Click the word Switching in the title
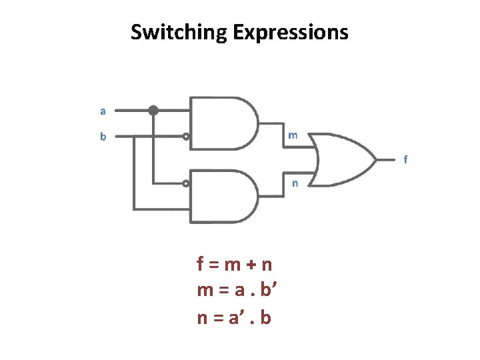pos(179,32)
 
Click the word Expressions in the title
pos(291,32)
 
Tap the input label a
pos(103,111)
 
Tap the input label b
pos(103,137)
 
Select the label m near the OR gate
pos(293,135)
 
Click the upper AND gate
pos(223,123)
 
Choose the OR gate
pos(343,159)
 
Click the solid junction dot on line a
pos(153,111)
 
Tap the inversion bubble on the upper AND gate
pos(187,137)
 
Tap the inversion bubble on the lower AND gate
pos(187,183)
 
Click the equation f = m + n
pos(235,265)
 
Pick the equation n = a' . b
pos(234,317)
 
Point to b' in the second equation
pos(270,291)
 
